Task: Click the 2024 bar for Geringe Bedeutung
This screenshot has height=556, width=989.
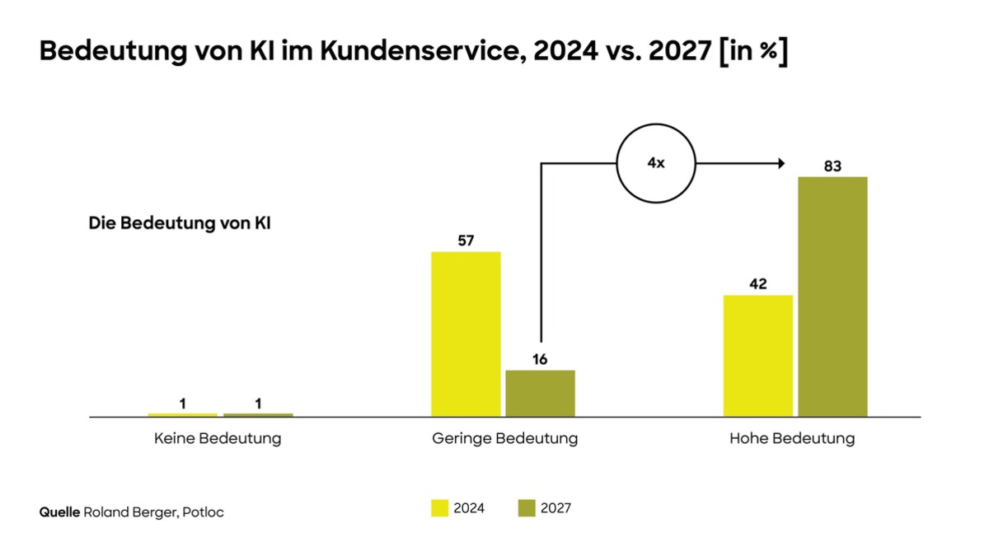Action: coord(466,334)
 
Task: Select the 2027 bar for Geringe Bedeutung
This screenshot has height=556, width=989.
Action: coord(540,394)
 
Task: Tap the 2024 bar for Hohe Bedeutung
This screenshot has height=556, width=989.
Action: coord(757,356)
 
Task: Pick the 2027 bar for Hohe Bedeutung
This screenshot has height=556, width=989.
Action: coord(832,297)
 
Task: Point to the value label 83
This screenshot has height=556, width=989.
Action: coord(832,166)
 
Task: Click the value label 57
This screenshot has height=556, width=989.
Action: coord(466,241)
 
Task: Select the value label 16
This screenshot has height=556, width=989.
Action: coord(540,360)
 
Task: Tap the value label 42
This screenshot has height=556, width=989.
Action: coord(757,284)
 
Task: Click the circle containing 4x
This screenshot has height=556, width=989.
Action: coord(656,164)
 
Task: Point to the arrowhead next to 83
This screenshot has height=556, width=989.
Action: coord(780,164)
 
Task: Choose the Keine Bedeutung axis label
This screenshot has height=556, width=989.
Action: coord(218,439)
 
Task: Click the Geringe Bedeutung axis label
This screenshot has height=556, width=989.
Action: coord(504,439)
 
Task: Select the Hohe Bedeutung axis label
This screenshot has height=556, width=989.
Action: coord(792,439)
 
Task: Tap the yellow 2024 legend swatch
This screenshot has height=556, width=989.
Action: coord(439,508)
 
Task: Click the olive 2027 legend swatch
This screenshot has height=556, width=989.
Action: coord(527,508)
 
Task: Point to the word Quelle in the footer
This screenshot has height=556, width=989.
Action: coord(59,512)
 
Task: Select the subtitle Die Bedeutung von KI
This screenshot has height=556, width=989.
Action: coord(180,223)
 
